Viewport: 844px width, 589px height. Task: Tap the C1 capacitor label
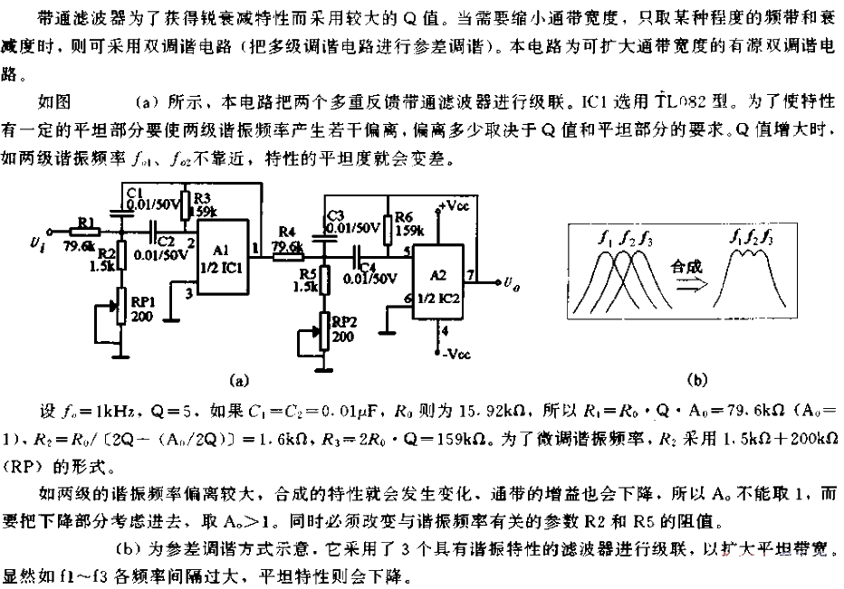136,193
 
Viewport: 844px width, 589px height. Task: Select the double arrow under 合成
684,285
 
